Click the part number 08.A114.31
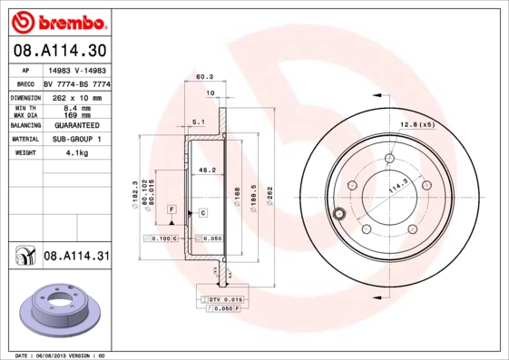click(77, 257)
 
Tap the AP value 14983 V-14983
click(78, 69)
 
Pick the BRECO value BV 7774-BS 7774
click(78, 83)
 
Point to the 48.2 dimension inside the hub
click(206, 169)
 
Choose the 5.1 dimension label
click(199, 122)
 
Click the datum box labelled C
click(202, 212)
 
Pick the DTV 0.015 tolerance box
click(227, 298)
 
